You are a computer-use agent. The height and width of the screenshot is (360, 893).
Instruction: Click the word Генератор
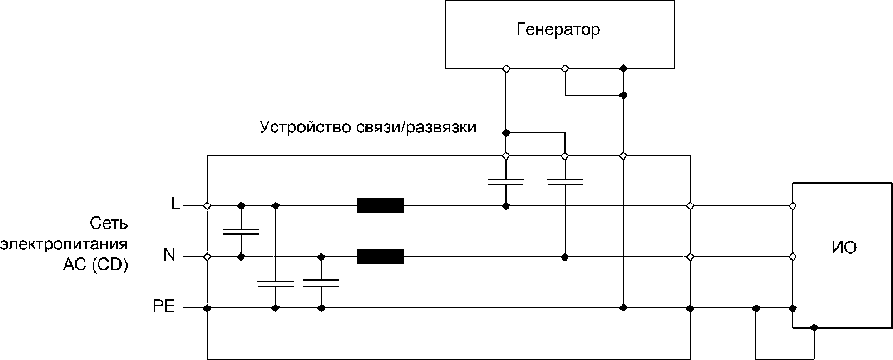558,29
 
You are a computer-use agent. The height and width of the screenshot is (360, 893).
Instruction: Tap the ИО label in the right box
844,248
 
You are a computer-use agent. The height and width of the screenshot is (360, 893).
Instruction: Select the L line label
175,205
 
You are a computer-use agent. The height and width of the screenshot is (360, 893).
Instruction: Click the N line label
169,255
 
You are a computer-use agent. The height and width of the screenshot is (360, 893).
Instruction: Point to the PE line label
163,307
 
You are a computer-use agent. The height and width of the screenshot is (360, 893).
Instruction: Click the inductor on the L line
380,206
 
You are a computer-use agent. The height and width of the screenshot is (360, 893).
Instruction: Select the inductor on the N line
380,256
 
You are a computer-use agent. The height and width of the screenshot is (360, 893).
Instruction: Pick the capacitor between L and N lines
241,231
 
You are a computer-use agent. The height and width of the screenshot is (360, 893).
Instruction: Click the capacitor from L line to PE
275,283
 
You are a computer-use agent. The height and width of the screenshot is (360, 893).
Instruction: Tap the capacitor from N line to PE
321,282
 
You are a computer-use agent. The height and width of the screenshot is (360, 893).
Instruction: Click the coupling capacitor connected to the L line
505,181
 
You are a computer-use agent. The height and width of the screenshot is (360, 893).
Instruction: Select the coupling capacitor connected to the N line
565,181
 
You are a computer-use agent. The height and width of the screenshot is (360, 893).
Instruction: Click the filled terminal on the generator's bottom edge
623,68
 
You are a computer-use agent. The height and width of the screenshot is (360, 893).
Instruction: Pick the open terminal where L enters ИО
792,206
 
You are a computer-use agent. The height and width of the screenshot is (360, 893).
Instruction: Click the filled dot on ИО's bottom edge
813,327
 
